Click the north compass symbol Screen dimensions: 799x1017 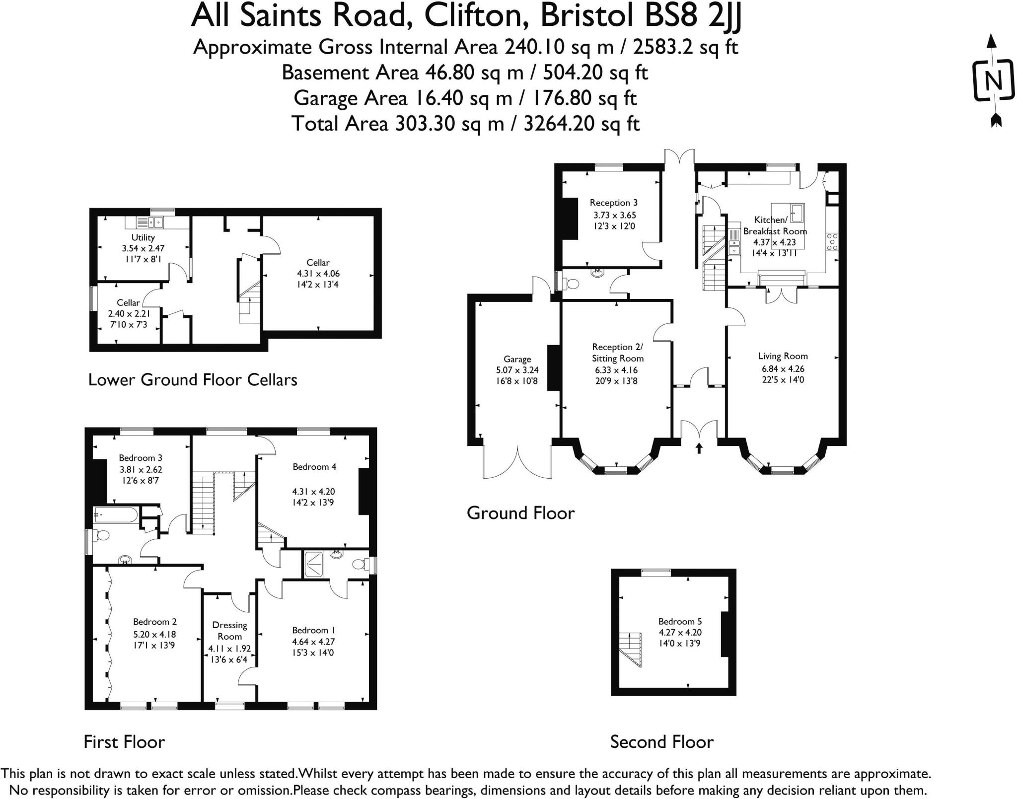[x=992, y=80]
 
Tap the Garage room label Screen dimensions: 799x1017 [x=517, y=359]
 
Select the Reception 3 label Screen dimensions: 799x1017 [x=613, y=203]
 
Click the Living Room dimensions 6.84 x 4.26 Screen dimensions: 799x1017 [x=783, y=368]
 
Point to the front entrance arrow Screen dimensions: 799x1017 [x=699, y=448]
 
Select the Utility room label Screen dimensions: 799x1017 [x=143, y=237]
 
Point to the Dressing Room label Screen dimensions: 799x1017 [x=229, y=631]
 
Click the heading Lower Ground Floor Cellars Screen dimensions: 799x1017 [x=193, y=380]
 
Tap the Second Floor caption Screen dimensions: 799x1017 [x=661, y=742]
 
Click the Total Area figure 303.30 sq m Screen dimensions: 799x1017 [x=449, y=124]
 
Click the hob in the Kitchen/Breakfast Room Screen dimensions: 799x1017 [x=832, y=242]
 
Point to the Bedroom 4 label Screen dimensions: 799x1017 [x=314, y=467]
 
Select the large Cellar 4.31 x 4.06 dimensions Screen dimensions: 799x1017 [x=318, y=274]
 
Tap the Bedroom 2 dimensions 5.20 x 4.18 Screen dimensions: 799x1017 [x=154, y=634]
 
